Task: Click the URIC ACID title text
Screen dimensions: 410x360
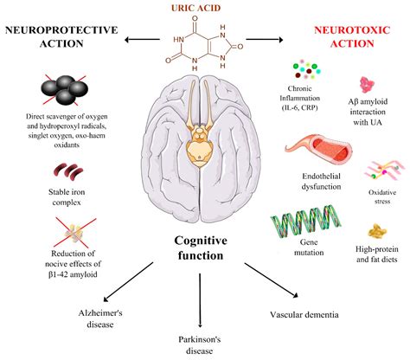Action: [x=196, y=8]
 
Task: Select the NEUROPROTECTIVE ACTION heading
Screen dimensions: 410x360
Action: [x=61, y=36]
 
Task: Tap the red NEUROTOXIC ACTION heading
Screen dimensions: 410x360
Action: [x=352, y=36]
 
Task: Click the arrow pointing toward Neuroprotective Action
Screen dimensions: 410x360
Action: [x=142, y=40]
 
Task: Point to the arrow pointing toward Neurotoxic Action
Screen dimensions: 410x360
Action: [x=265, y=40]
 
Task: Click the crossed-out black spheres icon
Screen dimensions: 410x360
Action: [x=65, y=90]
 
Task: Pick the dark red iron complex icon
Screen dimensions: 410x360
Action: [x=68, y=171]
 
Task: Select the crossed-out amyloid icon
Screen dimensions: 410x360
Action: [x=75, y=233]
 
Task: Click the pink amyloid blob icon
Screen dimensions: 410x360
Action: [x=367, y=85]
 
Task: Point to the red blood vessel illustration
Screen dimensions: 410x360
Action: [x=318, y=150]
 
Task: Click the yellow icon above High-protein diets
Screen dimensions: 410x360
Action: [x=377, y=231]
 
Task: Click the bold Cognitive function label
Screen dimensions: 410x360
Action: [x=201, y=248]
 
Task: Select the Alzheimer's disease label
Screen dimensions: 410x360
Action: [x=100, y=318]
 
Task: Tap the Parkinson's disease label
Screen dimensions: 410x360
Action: [x=200, y=345]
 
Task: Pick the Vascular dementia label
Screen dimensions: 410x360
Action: [x=304, y=314]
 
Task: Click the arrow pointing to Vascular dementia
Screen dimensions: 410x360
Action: [x=272, y=280]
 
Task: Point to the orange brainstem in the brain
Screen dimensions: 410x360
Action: [x=199, y=145]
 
